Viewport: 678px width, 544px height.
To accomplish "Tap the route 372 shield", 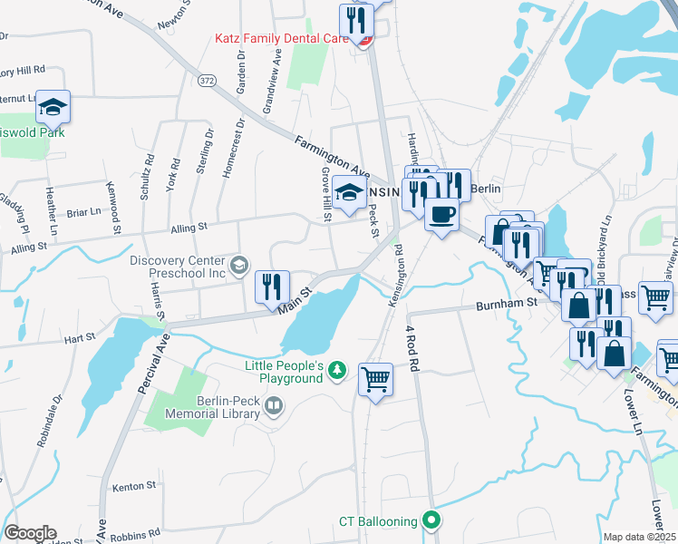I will [207, 81].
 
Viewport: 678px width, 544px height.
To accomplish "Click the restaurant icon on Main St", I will [273, 287].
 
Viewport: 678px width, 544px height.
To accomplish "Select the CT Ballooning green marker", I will [432, 520].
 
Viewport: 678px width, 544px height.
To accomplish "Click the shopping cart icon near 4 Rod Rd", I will [375, 379].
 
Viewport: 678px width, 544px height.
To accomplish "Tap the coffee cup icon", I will [441, 214].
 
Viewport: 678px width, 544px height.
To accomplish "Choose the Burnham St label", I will [507, 306].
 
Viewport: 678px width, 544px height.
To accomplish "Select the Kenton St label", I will [135, 487].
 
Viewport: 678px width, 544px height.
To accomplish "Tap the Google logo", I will [30, 533].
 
